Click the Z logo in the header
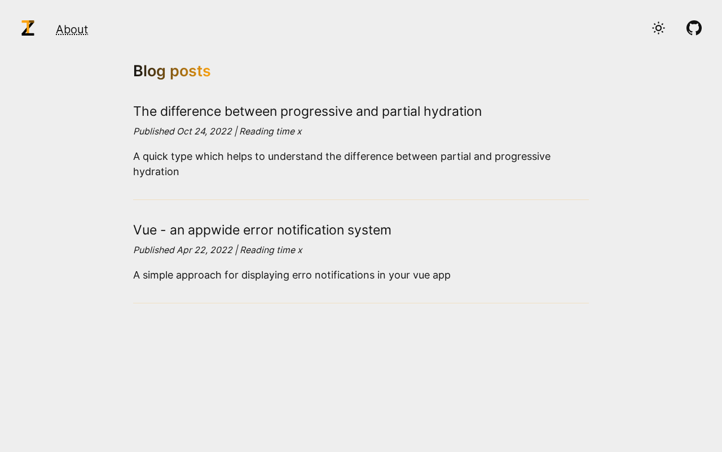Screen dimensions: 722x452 pos(28,28)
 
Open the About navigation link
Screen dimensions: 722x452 pos(72,29)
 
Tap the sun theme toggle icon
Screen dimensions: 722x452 pos(658,28)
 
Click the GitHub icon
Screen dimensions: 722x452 pos(694,28)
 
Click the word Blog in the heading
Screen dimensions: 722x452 pos(149,71)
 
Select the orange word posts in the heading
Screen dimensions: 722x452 pos(190,71)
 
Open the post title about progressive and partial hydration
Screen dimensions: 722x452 pos(307,112)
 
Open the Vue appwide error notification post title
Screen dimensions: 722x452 pos(262,230)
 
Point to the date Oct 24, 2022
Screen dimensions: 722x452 pos(204,132)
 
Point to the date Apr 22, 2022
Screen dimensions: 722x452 pos(205,250)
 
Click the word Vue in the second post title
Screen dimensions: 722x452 pos(145,230)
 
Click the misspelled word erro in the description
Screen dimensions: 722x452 pos(302,275)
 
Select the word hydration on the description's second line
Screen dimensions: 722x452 pos(156,172)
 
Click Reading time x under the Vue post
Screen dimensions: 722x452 pos(271,250)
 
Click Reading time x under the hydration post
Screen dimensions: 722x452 pos(270,132)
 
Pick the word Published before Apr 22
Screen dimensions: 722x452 pos(154,250)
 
